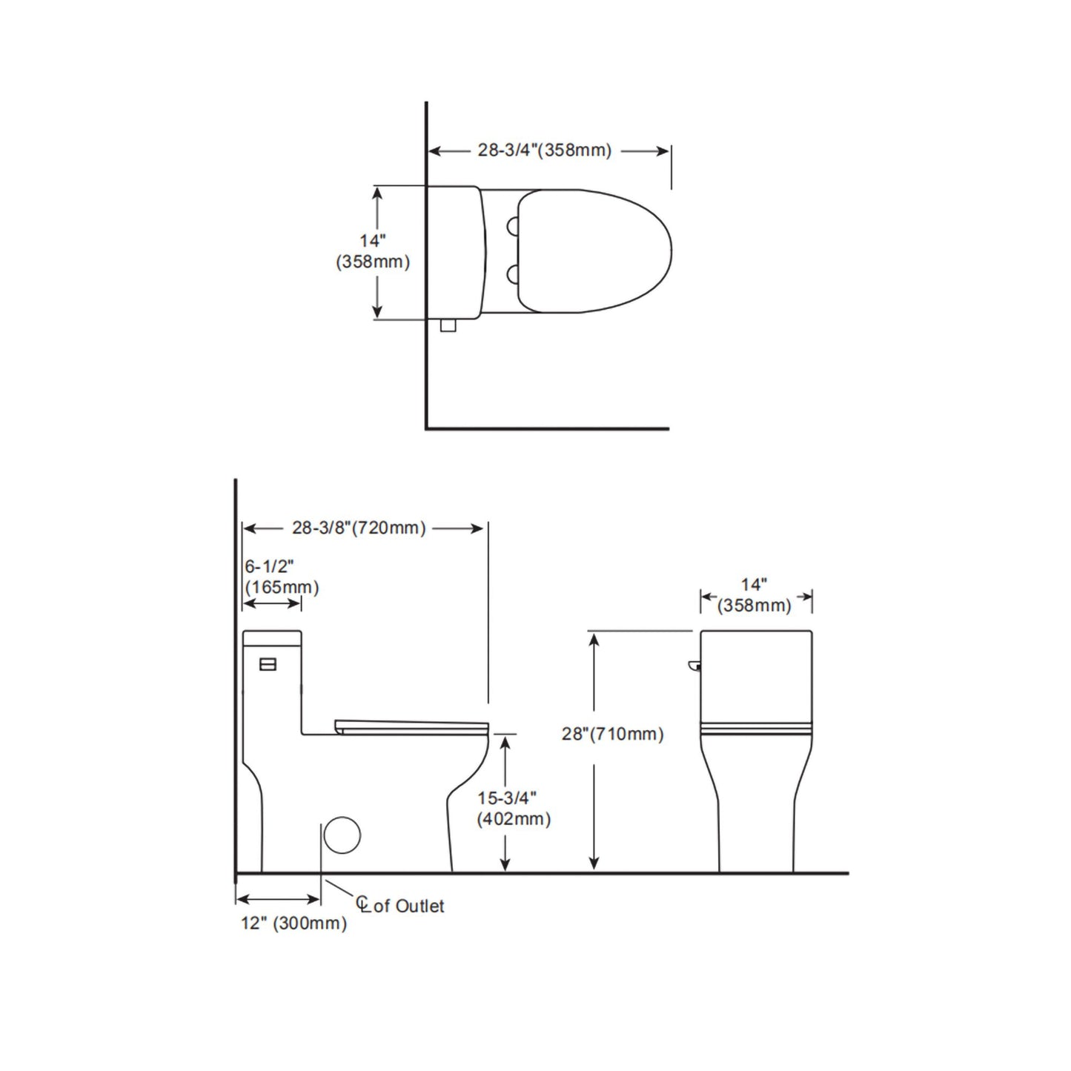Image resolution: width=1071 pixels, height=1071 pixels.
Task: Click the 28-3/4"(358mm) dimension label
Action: tap(544, 150)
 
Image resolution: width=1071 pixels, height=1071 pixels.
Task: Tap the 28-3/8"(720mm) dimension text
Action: tap(359, 528)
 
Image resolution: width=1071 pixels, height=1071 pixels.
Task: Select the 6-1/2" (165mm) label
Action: tap(282, 577)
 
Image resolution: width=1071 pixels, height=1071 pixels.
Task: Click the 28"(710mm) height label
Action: tap(612, 734)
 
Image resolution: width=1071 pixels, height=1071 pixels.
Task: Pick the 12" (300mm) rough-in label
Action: tap(294, 924)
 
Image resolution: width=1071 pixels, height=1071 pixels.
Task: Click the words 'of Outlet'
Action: tap(409, 906)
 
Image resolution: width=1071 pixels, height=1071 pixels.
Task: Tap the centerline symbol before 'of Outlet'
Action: tap(363, 904)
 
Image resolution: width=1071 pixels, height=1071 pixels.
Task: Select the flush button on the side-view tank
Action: tap(268, 664)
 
